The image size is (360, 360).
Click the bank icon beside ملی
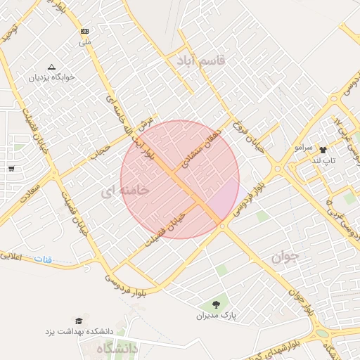85,32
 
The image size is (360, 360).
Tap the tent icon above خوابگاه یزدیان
51,66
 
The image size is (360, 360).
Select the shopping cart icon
11,168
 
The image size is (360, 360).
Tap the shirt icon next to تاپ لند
323,150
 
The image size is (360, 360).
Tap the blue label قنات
44,259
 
